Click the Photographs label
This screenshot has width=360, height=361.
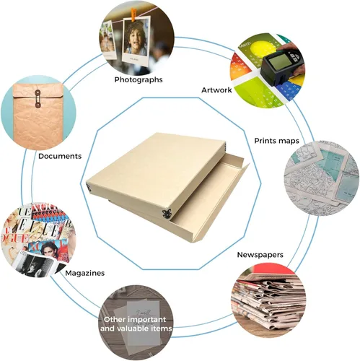coord(139,79)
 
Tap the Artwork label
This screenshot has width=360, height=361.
coord(216,90)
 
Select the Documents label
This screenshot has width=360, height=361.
coord(60,156)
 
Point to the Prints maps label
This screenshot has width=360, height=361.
coord(276,141)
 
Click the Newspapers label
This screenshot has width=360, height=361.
coord(260,255)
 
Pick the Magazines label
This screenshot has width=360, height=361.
coord(85,273)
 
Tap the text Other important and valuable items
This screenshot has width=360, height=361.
coord(136,324)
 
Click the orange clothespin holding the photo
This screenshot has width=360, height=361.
coord(133,15)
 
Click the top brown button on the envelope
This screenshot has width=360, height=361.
coord(38,92)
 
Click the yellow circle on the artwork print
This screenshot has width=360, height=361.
coord(261,49)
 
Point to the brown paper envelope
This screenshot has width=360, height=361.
coord(38,116)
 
